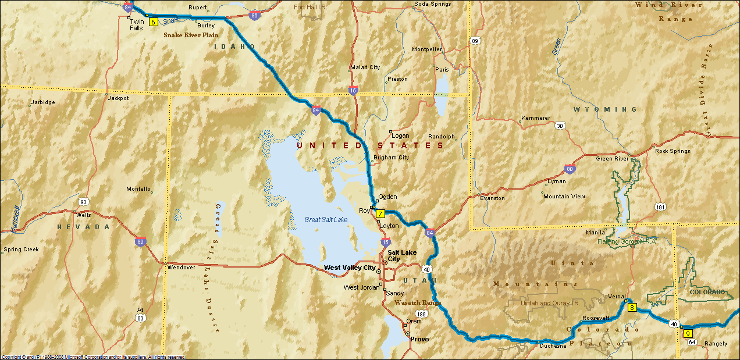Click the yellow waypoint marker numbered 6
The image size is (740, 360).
coord(154,22)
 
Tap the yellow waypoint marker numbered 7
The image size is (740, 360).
coord(380,213)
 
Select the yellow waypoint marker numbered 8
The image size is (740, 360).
coord(632,307)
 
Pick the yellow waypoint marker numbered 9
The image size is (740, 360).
coord(688,333)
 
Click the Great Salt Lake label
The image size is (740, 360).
coord(326,220)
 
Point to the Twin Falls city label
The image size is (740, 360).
coord(136,24)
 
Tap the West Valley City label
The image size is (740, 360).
coord(350,268)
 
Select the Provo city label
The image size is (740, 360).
coord(419,339)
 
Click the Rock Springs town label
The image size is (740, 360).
coord(673,151)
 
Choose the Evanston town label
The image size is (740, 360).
coord(492,198)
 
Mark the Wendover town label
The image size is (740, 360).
coord(180,268)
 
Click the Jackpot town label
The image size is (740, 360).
coord(118,98)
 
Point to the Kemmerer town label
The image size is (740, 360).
coord(535,118)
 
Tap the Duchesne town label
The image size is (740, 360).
coord(553,345)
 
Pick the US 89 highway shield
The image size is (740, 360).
coord(475,41)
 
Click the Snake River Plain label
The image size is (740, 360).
coord(191,35)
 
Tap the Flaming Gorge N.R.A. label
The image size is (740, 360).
coord(627,241)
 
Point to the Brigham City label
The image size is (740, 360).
coord(391,158)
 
